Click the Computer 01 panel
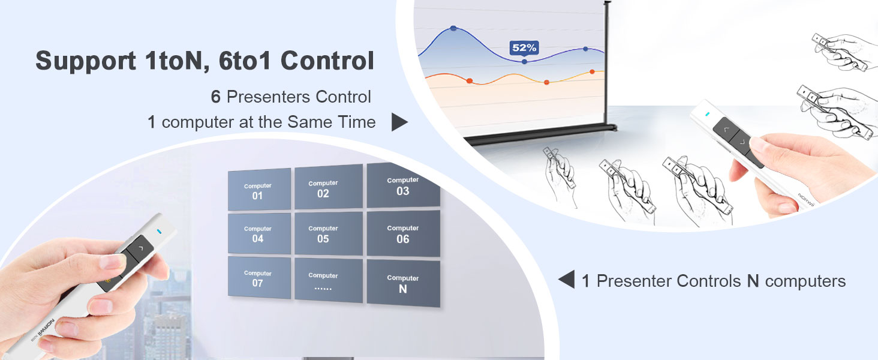coord(259,190)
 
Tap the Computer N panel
coord(403,284)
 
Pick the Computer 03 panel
coord(403,186)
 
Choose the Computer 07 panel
coord(258,278)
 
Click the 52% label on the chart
coord(524,47)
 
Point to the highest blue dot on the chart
coord(453,28)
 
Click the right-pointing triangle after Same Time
coord(399,122)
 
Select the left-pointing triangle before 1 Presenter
coord(566,280)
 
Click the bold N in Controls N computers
coord(753,281)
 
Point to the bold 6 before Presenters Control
coord(216,97)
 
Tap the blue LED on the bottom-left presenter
coord(159,232)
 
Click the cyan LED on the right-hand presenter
coord(707,114)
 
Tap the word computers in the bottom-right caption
coord(805,281)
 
